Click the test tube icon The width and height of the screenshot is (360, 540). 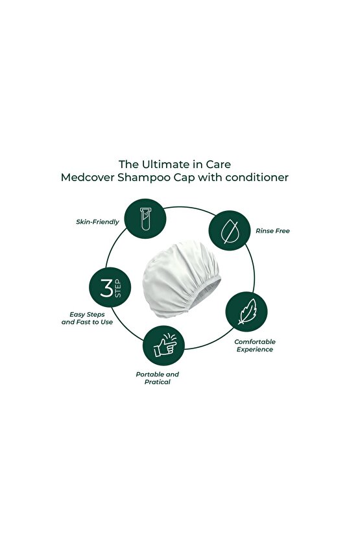(x=145, y=219)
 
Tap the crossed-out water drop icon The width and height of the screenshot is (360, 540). (x=229, y=231)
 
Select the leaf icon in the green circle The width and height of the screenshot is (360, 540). (x=247, y=312)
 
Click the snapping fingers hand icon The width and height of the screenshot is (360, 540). (x=165, y=345)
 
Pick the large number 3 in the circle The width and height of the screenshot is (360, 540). (x=106, y=288)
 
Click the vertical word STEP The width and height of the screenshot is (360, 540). (x=118, y=288)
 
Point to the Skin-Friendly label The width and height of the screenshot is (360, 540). (x=97, y=222)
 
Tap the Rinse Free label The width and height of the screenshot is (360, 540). (x=272, y=231)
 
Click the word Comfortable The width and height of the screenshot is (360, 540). (x=255, y=341)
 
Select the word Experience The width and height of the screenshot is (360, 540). (x=255, y=350)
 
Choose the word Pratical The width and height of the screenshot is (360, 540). (x=157, y=382)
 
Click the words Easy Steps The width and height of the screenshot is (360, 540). (x=87, y=315)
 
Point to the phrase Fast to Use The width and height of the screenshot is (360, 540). (x=94, y=322)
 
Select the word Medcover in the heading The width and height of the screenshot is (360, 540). (x=88, y=178)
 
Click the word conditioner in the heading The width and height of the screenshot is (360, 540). (x=257, y=178)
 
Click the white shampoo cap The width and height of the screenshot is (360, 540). (x=182, y=279)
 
